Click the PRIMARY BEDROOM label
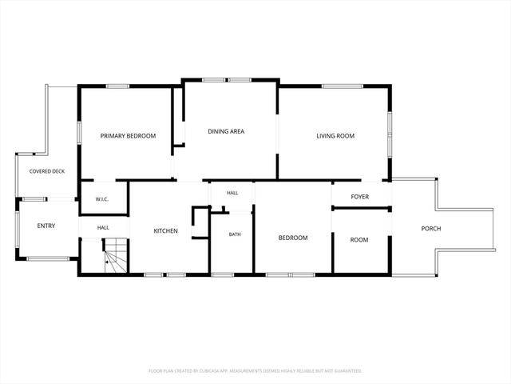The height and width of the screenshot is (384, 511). coord(128,136)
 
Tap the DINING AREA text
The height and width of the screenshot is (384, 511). coord(226,131)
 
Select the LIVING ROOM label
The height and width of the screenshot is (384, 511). coord(335,136)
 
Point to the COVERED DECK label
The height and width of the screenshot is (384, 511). coord(47,171)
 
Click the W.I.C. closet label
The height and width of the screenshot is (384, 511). coord(102,199)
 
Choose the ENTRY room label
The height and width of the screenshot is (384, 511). coord(46,226)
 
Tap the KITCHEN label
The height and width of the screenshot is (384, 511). coord(165,231)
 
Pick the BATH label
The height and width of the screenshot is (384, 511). coord(235,234)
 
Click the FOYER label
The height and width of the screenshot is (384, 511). coord(360,197)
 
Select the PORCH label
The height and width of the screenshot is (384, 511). coord(431,229)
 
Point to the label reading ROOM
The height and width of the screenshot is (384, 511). coord(359,240)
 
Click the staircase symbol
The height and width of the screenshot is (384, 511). coord(115,255)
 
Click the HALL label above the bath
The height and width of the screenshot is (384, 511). coord(232,193)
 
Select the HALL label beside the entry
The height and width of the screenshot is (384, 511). coord(103,227)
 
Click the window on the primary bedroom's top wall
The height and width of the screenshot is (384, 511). coord(117,86)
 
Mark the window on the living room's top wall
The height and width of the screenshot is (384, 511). coord(343,86)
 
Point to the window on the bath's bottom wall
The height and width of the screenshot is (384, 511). coord(223,275)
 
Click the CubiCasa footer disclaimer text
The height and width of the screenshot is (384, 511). coord(255,371)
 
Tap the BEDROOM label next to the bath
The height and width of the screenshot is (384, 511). coord(293,238)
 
